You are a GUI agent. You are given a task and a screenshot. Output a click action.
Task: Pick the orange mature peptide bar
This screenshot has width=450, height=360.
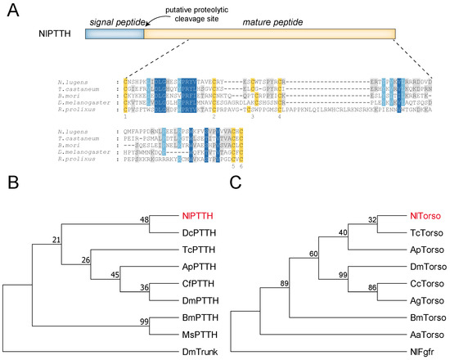[269, 36]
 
